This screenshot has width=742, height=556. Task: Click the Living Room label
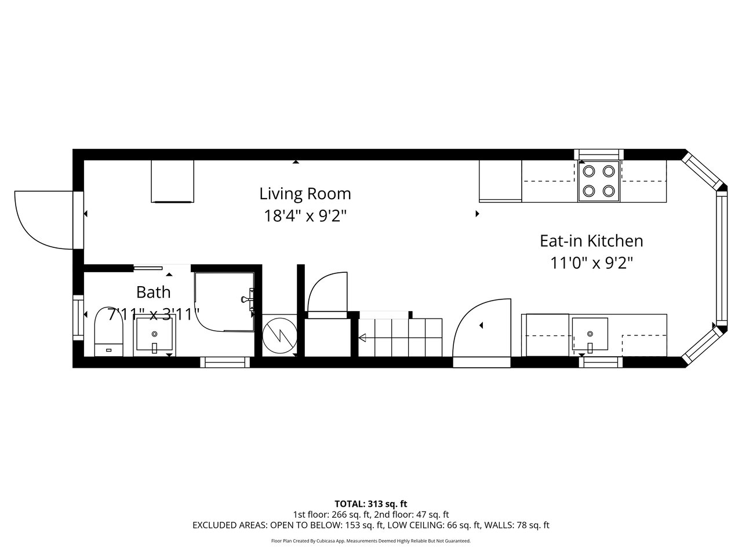(305, 194)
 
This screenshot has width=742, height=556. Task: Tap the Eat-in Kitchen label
(591, 241)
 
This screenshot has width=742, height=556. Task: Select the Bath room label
(153, 292)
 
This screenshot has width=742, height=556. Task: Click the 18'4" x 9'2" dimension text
(305, 216)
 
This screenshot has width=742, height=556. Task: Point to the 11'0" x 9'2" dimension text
(591, 263)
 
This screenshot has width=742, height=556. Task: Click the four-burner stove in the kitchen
(599, 181)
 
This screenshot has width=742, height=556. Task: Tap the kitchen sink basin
(590, 334)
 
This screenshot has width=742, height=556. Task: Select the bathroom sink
(154, 334)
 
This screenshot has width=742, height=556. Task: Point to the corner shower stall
(224, 302)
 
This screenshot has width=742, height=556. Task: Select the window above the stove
(599, 154)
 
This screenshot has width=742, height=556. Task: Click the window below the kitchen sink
(601, 362)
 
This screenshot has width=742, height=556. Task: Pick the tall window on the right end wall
(721, 259)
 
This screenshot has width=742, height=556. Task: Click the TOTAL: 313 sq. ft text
(371, 504)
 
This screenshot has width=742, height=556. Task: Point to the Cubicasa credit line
(371, 541)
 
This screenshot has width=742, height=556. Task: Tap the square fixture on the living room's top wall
(172, 181)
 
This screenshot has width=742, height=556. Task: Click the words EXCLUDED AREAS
(230, 525)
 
